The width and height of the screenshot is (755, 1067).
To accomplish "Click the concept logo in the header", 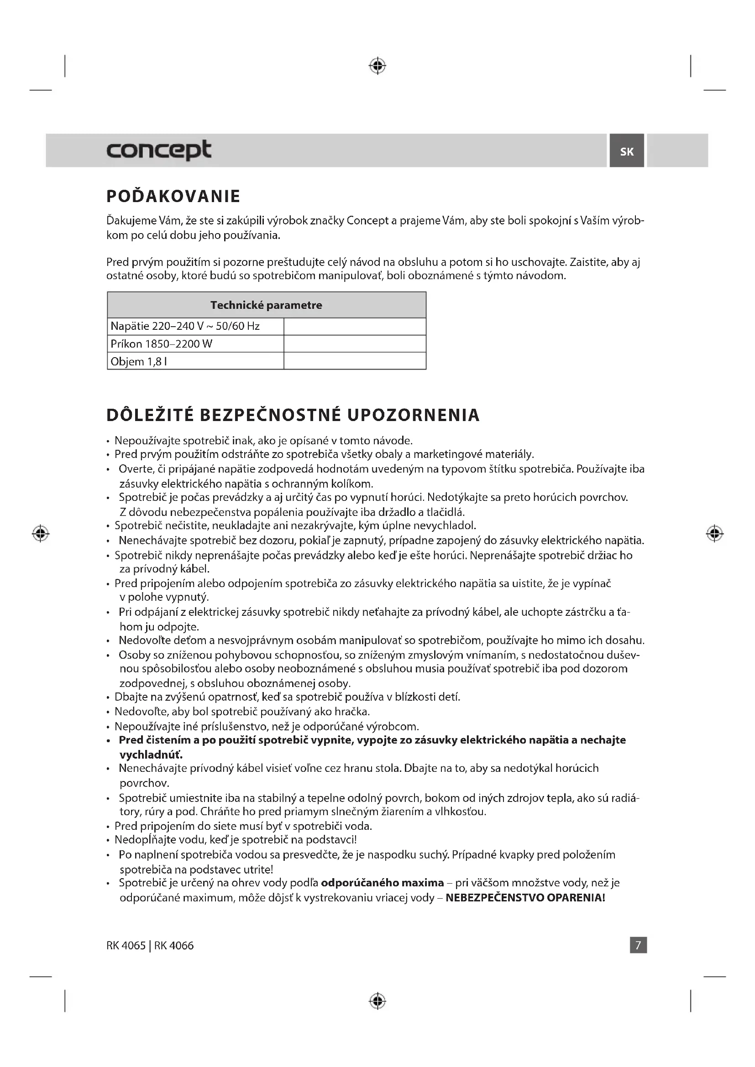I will coord(158,150).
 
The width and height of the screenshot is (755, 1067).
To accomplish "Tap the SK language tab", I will coord(626,151).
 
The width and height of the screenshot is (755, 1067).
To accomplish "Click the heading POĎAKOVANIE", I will coord(173,196).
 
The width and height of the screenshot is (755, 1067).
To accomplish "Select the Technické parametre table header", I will coord(266,305).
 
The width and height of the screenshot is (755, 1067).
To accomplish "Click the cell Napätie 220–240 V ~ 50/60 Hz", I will coord(185,326).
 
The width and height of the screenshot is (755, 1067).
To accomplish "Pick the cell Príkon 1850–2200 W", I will coord(161,344).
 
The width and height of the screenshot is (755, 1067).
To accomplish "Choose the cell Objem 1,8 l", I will coord(139,362).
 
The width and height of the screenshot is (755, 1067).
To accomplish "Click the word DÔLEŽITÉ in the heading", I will coord(150,415).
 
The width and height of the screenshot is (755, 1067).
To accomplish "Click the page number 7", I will coord(638,945).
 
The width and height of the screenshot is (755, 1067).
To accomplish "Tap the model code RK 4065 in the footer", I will coord(126,945).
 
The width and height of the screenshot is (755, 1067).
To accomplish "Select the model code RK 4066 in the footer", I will coord(174,945).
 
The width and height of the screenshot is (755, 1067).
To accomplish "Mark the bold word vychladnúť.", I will coord(151,754).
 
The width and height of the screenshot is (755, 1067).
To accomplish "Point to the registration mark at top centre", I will coord(377,66).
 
